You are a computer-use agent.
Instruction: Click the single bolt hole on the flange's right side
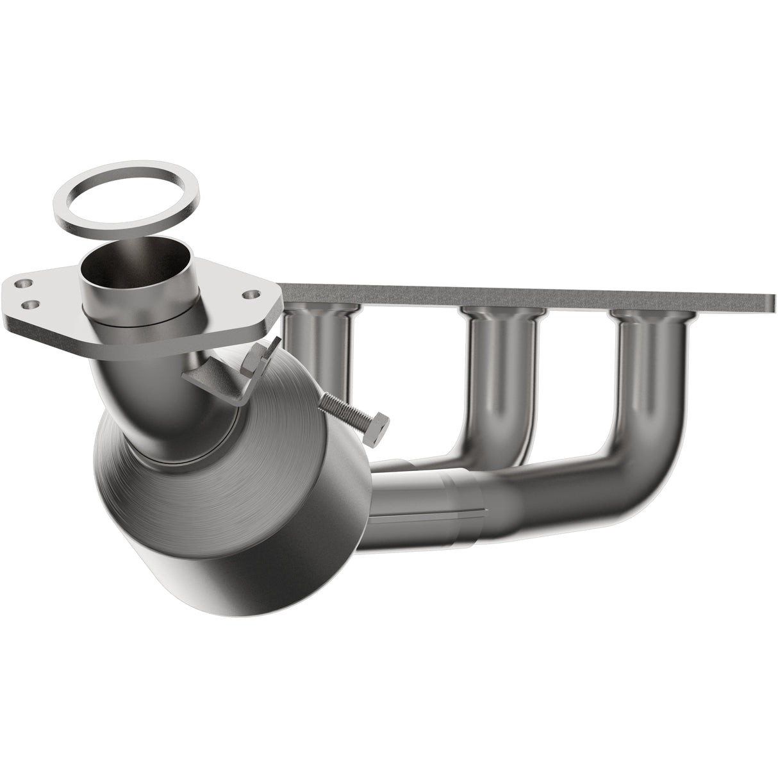[x=251, y=295]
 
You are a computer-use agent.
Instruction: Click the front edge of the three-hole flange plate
[x=128, y=346]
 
